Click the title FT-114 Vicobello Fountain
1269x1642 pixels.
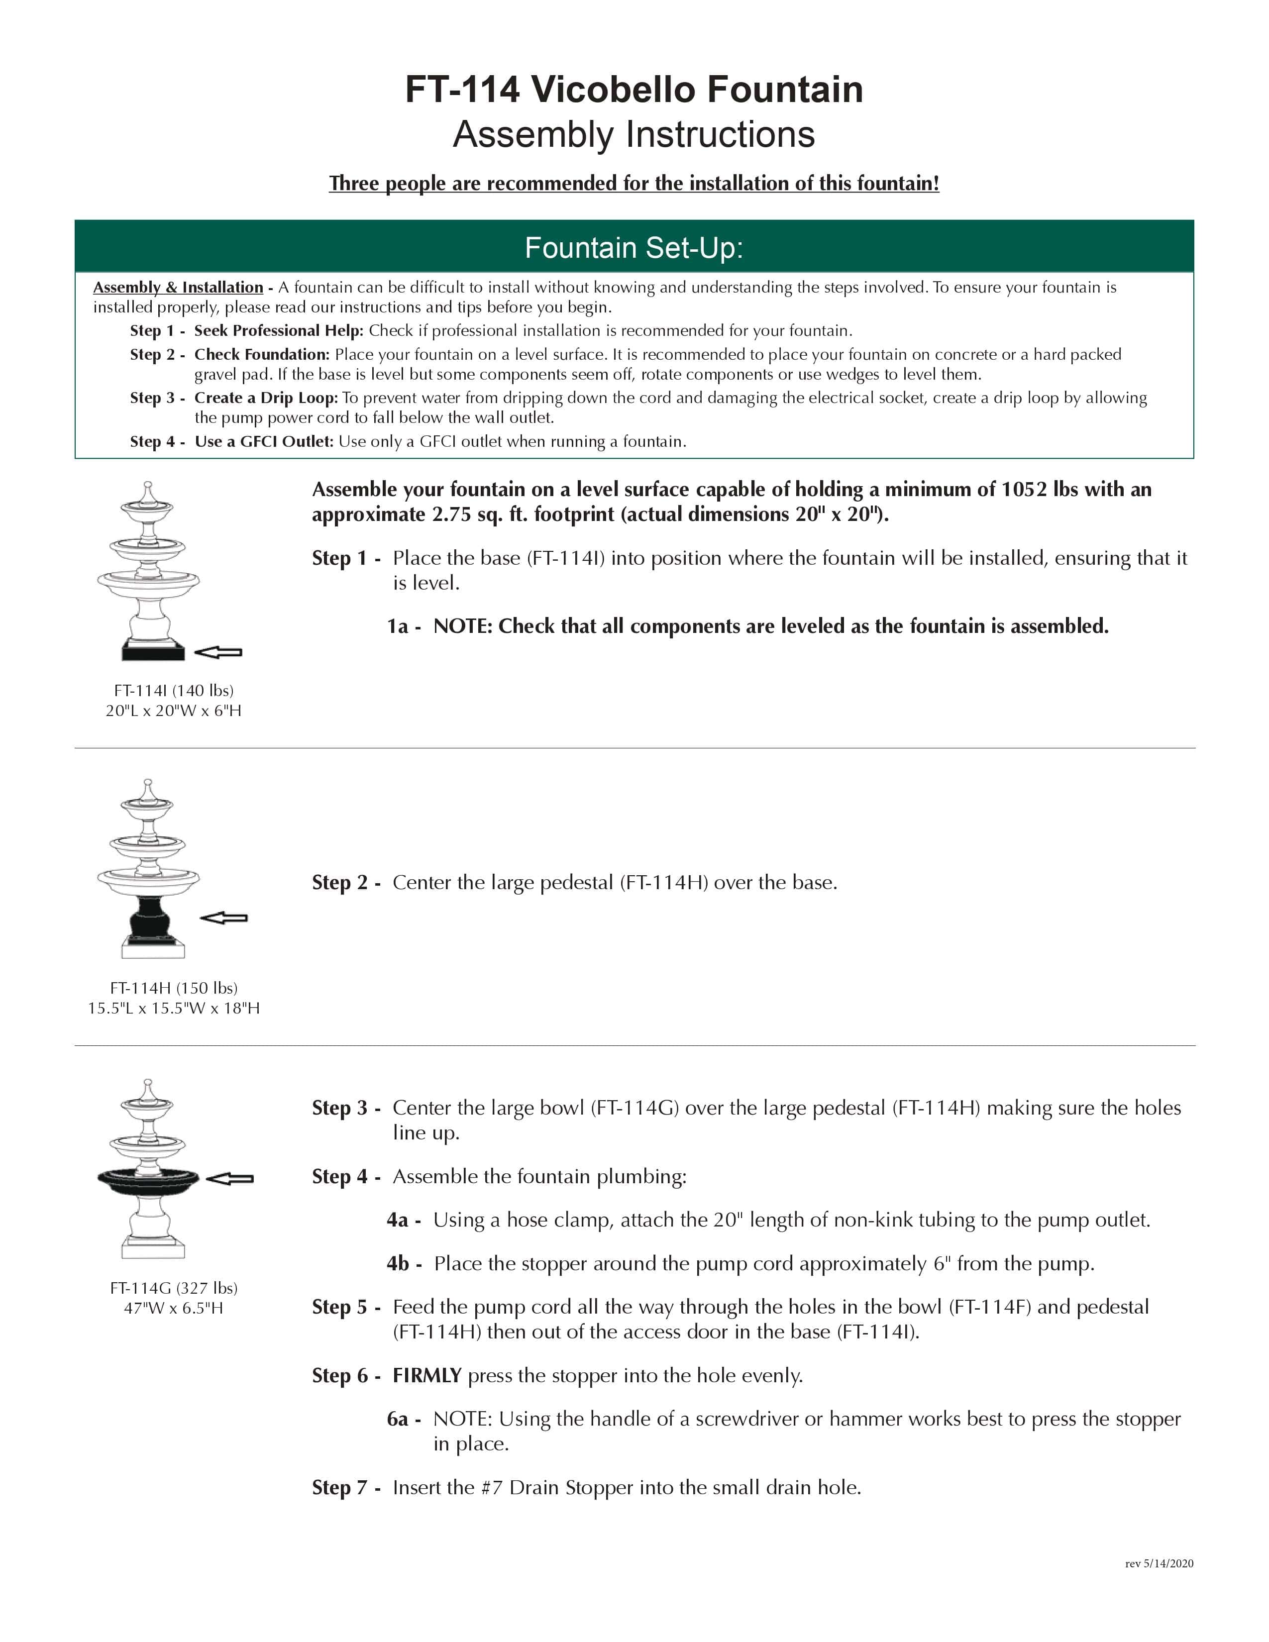pos(634,90)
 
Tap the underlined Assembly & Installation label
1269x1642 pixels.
pos(178,287)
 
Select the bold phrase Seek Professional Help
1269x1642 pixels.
pos(278,331)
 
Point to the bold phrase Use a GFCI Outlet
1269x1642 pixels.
pos(263,441)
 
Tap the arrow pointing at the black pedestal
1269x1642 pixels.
pos(223,917)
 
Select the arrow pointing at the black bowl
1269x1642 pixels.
pos(229,1178)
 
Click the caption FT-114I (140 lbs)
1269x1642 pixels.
pos(174,690)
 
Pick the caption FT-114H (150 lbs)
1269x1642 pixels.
pos(174,988)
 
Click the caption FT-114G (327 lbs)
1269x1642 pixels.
pos(174,1288)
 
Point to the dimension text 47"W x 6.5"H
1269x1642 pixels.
pos(174,1308)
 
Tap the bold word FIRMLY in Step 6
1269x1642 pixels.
pos(426,1376)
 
